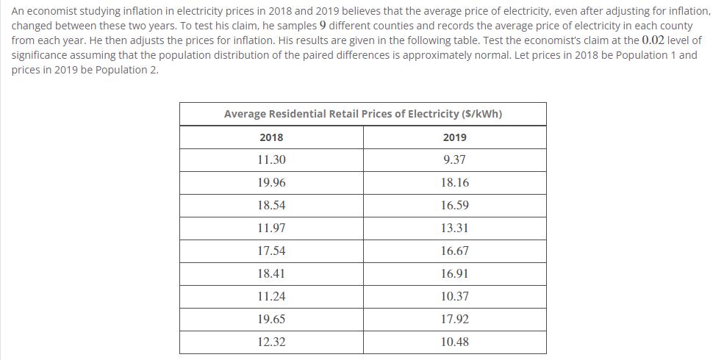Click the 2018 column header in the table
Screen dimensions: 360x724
click(271, 137)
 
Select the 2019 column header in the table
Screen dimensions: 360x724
click(454, 137)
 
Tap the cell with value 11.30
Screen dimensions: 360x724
click(271, 159)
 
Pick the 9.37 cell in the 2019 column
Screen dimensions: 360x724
click(454, 159)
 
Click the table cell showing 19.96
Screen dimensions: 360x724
click(271, 182)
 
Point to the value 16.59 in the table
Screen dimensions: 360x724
click(454, 206)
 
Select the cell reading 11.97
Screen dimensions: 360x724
click(271, 228)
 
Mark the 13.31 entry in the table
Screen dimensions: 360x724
click(454, 228)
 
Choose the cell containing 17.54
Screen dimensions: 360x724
click(271, 251)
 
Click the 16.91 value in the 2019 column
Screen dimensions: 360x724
click(454, 274)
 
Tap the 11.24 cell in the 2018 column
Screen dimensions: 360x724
click(271, 297)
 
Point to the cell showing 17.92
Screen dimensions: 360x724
click(454, 320)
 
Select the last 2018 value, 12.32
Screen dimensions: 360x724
click(271, 342)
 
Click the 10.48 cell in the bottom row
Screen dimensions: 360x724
click(454, 342)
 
